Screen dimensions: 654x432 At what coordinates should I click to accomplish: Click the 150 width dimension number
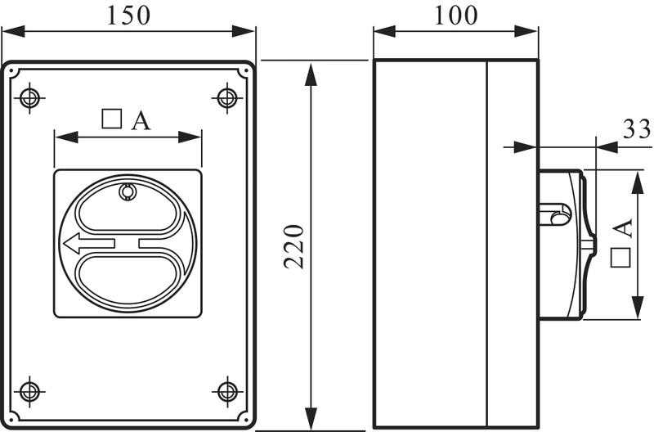click(128, 15)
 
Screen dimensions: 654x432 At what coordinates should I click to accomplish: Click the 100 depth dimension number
click(455, 15)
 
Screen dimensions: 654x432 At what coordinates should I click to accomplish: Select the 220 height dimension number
click(294, 246)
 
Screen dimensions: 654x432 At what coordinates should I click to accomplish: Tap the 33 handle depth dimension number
click(637, 129)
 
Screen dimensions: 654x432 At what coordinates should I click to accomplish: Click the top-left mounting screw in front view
click(29, 98)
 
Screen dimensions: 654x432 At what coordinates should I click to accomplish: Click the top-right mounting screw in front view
click(227, 98)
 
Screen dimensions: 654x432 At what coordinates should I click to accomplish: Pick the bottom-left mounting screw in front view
click(29, 392)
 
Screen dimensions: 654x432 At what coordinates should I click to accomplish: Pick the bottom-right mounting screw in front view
click(227, 392)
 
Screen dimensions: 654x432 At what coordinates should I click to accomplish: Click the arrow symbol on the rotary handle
click(89, 243)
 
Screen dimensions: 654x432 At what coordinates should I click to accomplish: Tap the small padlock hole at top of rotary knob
click(128, 192)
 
